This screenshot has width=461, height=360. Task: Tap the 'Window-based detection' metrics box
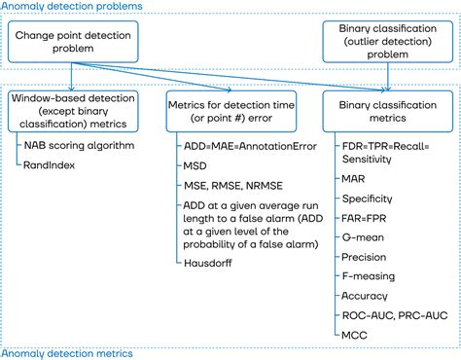(x=70, y=108)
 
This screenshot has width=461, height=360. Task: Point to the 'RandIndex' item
(x=49, y=165)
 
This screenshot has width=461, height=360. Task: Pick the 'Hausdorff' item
(x=209, y=263)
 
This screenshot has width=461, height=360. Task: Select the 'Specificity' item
(x=367, y=198)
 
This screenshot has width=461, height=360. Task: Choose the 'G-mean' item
(x=361, y=239)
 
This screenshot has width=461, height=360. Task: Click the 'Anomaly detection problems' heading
(x=71, y=6)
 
